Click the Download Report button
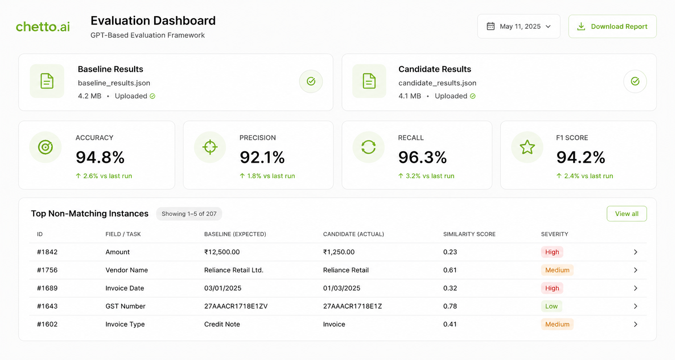click(x=612, y=26)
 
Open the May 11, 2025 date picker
click(x=519, y=26)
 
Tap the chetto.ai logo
click(x=43, y=27)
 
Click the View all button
click(x=627, y=214)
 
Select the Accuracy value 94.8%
click(x=100, y=157)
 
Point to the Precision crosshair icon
click(x=210, y=147)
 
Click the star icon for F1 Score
click(x=527, y=147)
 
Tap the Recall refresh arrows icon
click(x=368, y=147)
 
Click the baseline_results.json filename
click(x=114, y=83)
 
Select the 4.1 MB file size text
click(x=410, y=96)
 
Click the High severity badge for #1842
click(x=552, y=252)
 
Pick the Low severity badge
click(x=552, y=306)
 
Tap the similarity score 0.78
click(x=450, y=306)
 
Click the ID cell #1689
click(x=47, y=288)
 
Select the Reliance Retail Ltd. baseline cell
click(x=234, y=270)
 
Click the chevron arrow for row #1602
click(x=635, y=324)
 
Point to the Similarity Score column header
click(x=469, y=234)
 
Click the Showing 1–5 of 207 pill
click(x=189, y=214)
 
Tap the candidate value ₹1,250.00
click(x=339, y=252)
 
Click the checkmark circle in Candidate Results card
click(x=635, y=81)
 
